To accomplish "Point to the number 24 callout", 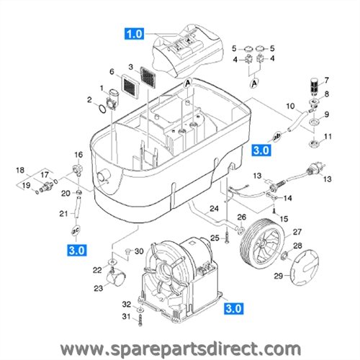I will coord(214,210).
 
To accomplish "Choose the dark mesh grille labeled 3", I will coord(145,78).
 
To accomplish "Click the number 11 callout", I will coord(328,137).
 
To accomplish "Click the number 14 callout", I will coord(288,197).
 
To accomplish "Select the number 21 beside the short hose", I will coord(63,213).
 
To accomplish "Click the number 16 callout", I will coord(78,155).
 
